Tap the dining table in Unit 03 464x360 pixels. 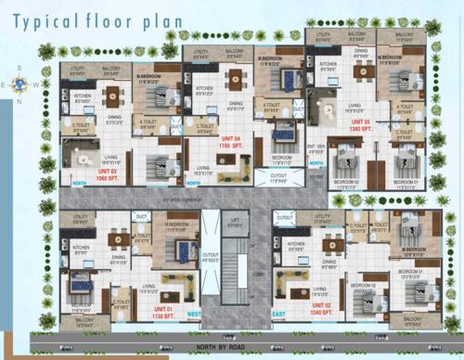pos(115,95)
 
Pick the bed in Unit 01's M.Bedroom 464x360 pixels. pos(182,249)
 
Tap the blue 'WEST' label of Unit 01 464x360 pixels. pos(193,315)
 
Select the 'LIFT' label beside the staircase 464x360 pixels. pos(234,219)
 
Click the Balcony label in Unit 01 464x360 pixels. pos(84,322)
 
